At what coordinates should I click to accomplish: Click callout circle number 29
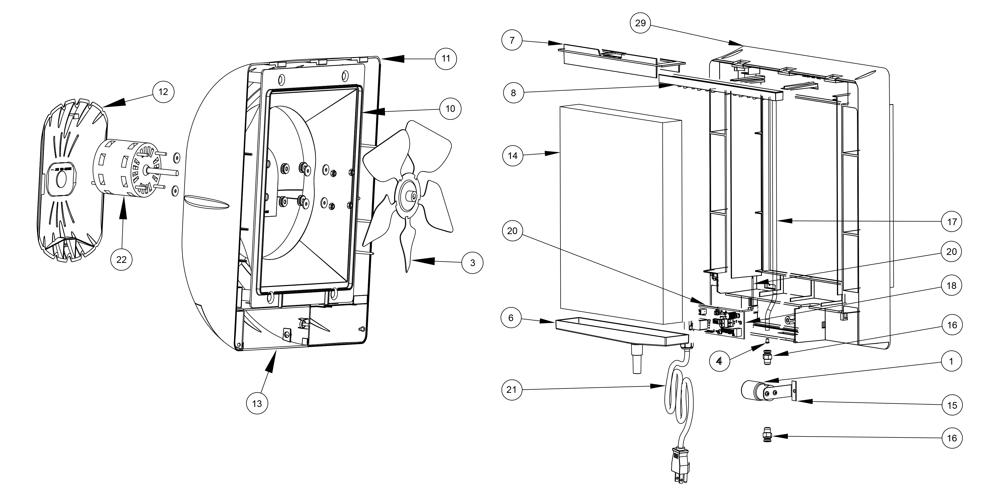[x=640, y=23]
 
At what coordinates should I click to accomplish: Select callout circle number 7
[x=512, y=40]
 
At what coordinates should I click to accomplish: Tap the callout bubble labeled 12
[x=163, y=92]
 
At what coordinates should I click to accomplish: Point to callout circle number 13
[x=257, y=403]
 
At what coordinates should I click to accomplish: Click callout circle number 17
[x=952, y=222]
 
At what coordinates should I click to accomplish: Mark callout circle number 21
[x=512, y=390]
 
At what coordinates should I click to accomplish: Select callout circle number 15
[x=952, y=405]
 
